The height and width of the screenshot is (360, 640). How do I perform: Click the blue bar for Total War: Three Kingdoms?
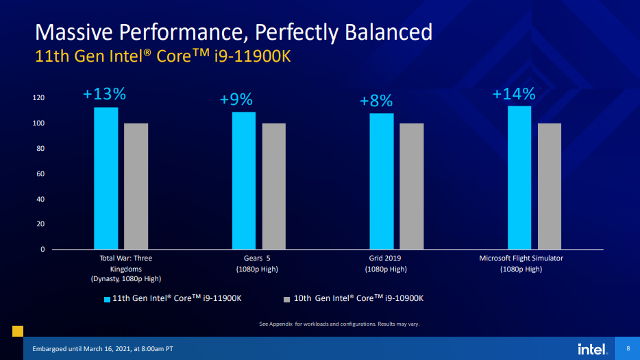(106, 178)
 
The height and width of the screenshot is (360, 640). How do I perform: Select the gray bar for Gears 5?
(273, 186)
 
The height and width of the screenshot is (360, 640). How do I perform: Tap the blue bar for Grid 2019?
(382, 181)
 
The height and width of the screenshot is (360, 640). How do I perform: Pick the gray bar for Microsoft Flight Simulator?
(550, 186)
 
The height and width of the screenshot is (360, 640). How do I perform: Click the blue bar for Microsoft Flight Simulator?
(519, 178)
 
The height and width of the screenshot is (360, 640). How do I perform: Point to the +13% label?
(105, 94)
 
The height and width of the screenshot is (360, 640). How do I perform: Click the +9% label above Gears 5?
(236, 100)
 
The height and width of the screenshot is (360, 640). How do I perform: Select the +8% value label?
(376, 101)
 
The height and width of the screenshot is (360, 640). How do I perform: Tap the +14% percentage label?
(514, 94)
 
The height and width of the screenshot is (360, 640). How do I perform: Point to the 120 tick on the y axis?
(38, 98)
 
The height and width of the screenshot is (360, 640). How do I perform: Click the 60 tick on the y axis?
(40, 174)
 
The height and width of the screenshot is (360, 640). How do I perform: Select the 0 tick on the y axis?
(42, 250)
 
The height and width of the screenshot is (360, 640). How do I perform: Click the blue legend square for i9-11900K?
(107, 299)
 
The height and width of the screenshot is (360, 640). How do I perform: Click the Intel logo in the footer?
(592, 349)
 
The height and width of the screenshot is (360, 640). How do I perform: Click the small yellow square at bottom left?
(18, 331)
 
